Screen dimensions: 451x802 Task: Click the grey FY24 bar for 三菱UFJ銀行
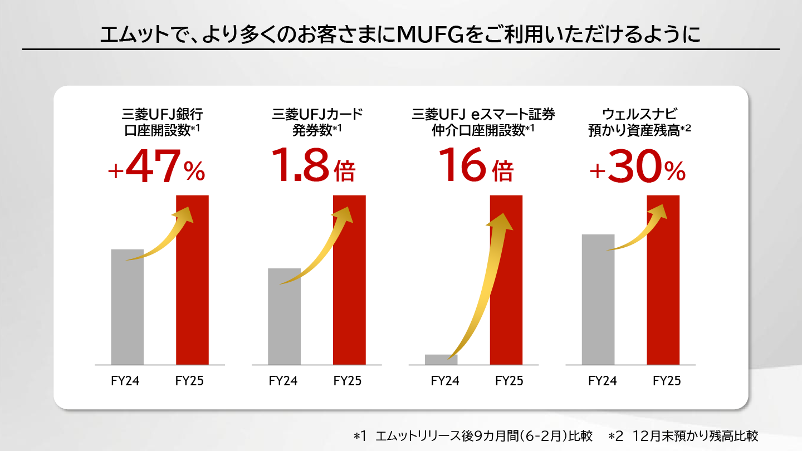[128, 312]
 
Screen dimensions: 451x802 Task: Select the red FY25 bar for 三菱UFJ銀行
[192, 290]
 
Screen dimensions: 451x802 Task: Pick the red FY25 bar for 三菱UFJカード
[349, 290]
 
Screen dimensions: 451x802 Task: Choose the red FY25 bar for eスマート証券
[506, 290]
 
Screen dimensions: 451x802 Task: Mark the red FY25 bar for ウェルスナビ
[663, 290]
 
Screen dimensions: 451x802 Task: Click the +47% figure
[157, 165]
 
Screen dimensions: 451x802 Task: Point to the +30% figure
[637, 165]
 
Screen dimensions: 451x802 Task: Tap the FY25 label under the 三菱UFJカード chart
[348, 381]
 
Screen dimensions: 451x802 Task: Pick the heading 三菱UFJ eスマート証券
[483, 115]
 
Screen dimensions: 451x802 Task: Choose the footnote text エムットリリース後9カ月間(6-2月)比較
[484, 436]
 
